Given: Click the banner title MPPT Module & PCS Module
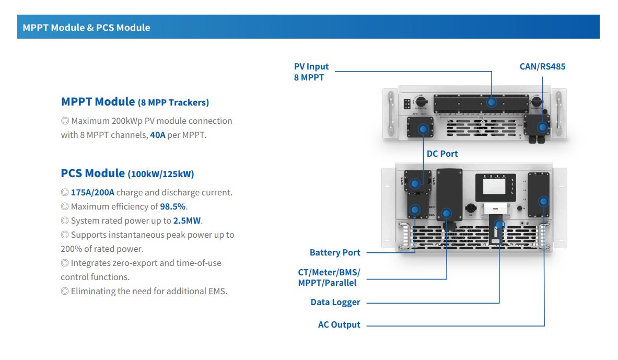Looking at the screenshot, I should (x=86, y=28).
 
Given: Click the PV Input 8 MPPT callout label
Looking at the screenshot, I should (x=311, y=72).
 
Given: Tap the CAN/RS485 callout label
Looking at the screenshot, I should (x=542, y=67).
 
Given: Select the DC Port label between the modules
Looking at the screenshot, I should (x=442, y=154).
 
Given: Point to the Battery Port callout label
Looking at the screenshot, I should (x=335, y=252).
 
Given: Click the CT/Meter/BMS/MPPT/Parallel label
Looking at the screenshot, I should (x=329, y=277).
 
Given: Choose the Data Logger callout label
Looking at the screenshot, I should (x=335, y=302).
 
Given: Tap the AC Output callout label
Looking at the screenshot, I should (x=339, y=324).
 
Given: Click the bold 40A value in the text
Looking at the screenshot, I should (x=157, y=135).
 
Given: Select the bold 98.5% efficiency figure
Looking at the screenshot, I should (x=173, y=206).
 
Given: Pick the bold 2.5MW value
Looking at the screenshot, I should (x=188, y=220).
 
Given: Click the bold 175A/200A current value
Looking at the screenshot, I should (x=92, y=192).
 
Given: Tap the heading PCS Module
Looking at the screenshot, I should (x=93, y=173).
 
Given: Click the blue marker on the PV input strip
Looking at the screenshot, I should (x=492, y=102).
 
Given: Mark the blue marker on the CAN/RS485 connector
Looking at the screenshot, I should (x=543, y=127).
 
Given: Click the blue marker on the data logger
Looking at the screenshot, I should (x=499, y=225).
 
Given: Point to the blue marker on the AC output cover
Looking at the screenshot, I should (x=544, y=201).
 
